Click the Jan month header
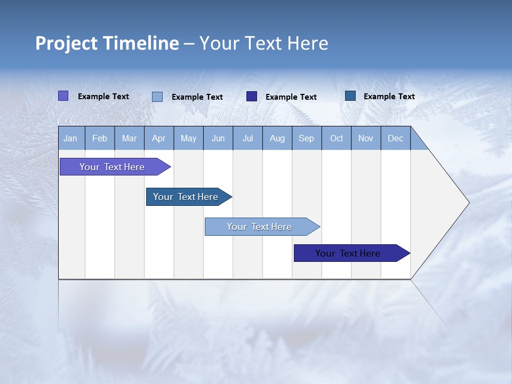point(71,139)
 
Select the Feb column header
point(100,139)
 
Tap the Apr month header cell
point(159,139)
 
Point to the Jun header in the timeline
point(218,139)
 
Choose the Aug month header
point(277,139)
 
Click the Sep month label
point(307,139)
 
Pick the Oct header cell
point(337,139)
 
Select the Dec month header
point(396,139)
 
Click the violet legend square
point(63,96)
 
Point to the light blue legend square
point(157,97)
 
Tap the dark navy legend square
point(252,97)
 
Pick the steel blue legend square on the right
point(350,96)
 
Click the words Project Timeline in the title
point(107,43)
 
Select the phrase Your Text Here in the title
point(264,43)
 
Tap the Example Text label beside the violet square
point(103,97)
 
